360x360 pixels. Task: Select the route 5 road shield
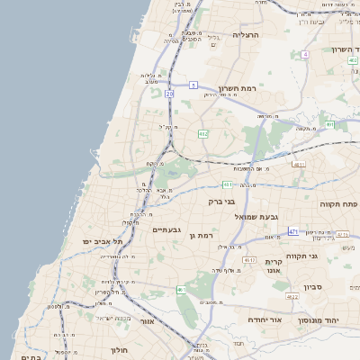tap(193, 85)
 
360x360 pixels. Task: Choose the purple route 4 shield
tap(305, 55)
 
